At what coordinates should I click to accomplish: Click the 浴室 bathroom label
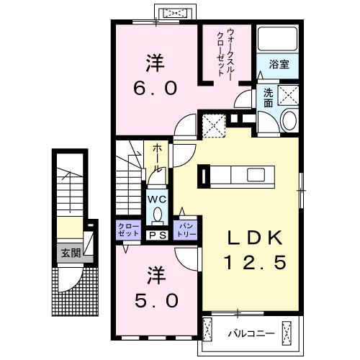coord(279,64)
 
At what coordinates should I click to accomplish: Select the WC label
coord(156,198)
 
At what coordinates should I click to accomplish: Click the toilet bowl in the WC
coord(156,214)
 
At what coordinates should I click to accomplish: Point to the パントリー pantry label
coord(187,230)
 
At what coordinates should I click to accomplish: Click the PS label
coord(157,235)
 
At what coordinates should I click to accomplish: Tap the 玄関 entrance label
coord(71,253)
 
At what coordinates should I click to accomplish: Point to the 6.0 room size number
coord(153,87)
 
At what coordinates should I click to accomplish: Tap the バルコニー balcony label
coord(246,333)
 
